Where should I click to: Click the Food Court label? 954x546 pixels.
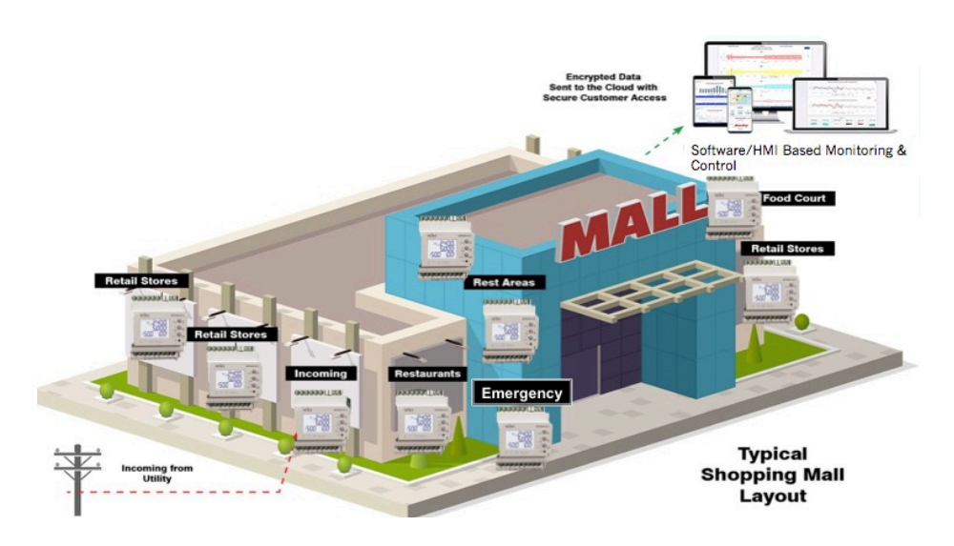794,198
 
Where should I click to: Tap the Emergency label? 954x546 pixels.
521,393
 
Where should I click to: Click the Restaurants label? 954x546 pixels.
427,374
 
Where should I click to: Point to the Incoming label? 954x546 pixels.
320,374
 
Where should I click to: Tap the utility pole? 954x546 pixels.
77,476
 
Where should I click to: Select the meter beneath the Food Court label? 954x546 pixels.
733,211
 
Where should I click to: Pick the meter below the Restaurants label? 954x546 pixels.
424,419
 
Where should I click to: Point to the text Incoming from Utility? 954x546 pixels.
157,473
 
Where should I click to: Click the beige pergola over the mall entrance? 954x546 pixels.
649,286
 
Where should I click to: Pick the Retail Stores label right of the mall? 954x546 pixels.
787,249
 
